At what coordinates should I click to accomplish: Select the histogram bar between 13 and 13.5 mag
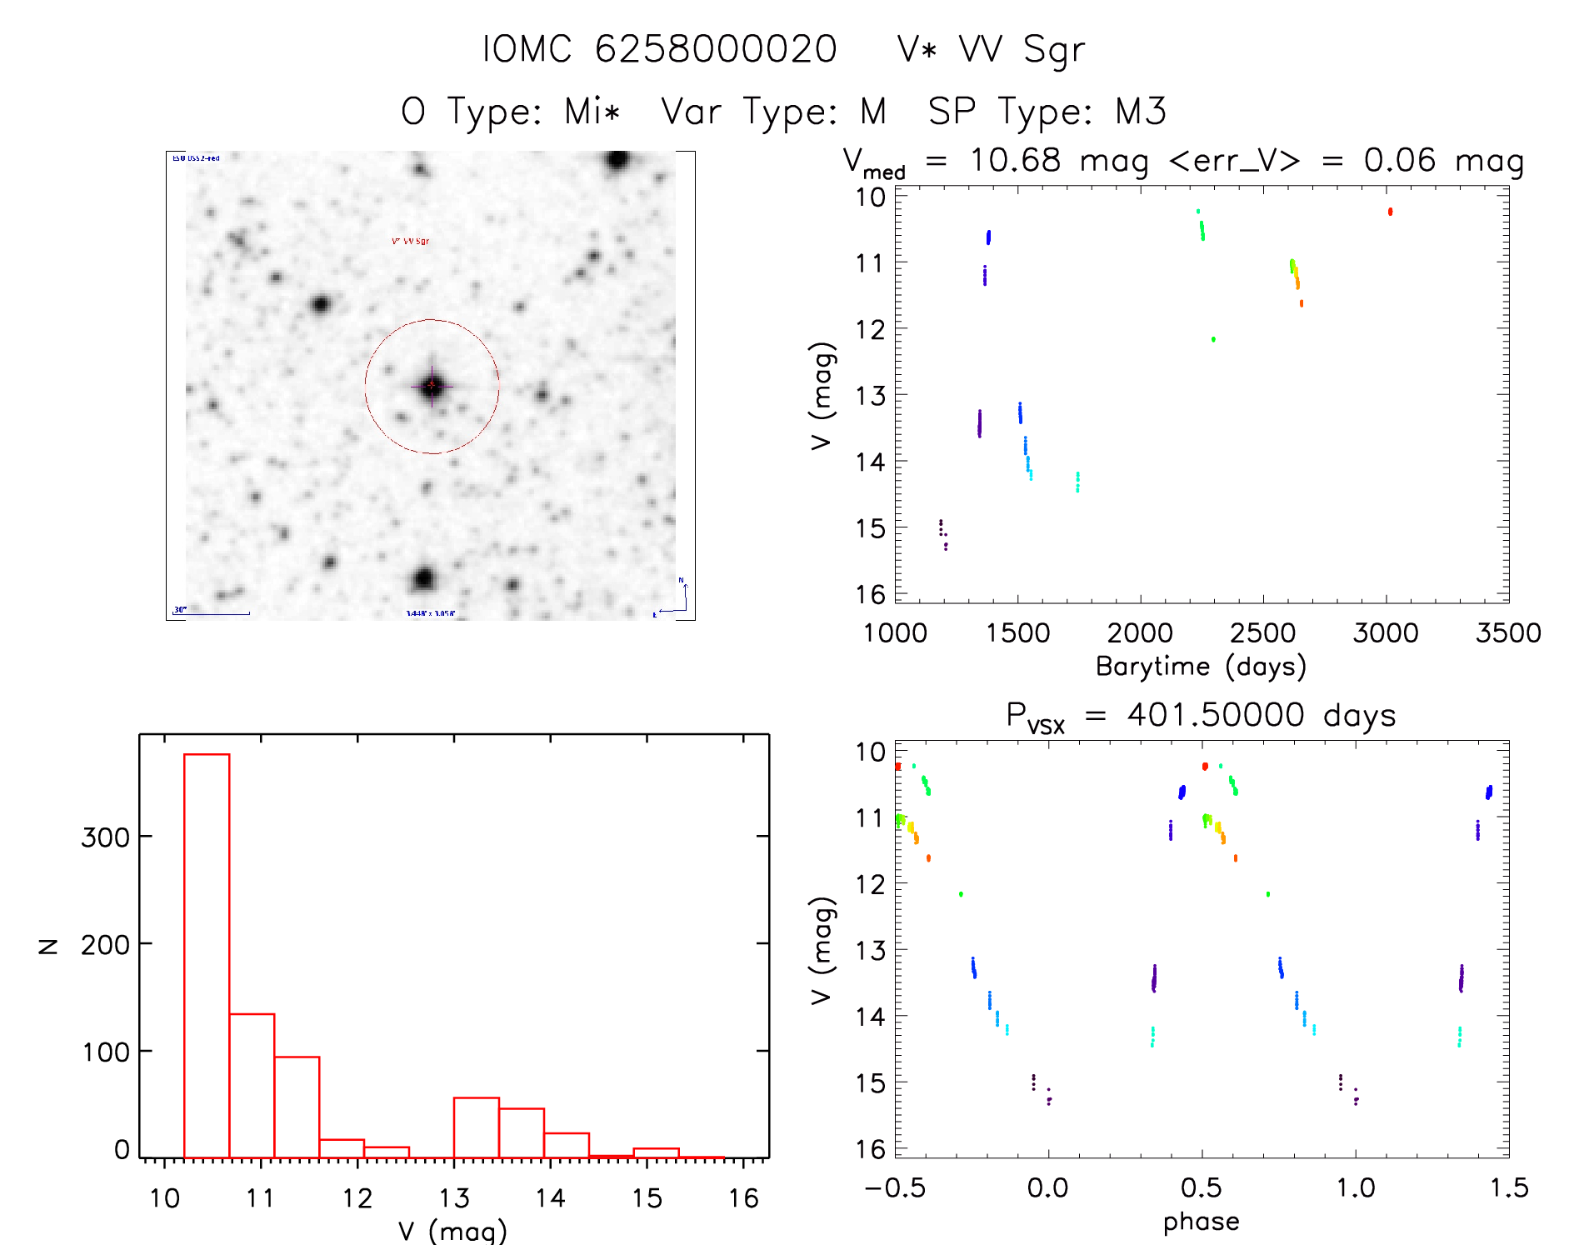click(x=476, y=1127)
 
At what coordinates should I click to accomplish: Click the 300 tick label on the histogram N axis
click(x=105, y=837)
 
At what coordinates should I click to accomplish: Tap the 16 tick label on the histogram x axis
click(x=743, y=1198)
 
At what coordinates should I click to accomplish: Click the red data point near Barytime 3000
click(x=1390, y=212)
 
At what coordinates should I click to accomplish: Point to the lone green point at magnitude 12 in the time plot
click(x=1213, y=339)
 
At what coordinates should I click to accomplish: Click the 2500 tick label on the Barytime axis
click(x=1262, y=632)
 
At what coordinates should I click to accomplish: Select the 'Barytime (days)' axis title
click(x=1201, y=667)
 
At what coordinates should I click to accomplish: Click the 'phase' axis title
click(x=1201, y=1222)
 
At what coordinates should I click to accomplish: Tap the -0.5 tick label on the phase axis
click(x=895, y=1188)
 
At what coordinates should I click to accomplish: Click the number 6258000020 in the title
click(x=716, y=49)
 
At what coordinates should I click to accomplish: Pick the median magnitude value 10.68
click(x=1015, y=160)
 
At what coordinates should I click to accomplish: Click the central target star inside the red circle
click(x=432, y=386)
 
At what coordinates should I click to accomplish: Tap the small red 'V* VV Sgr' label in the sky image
click(x=411, y=242)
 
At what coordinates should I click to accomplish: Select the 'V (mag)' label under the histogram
click(x=452, y=1231)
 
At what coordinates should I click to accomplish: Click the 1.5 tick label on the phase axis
click(x=1509, y=1188)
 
